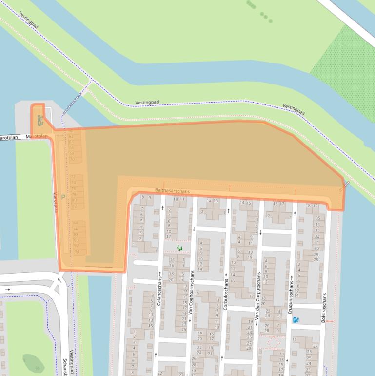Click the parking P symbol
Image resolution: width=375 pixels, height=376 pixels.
(63, 197)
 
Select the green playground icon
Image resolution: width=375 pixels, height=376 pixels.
(179, 248)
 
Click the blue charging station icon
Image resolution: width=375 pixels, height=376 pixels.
(296, 320)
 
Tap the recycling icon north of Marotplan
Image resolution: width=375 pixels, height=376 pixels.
(39, 119)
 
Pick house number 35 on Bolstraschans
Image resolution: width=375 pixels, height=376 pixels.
(317, 218)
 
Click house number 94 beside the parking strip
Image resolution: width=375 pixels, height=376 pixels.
(77, 251)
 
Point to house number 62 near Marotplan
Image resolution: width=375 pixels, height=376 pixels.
(71, 136)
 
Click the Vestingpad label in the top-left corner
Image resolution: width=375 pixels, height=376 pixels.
(29, 21)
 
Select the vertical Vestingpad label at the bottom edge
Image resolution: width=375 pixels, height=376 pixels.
(71, 362)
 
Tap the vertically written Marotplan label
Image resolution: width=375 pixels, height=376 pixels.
(55, 202)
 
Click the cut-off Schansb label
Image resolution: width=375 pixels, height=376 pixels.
(64, 367)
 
